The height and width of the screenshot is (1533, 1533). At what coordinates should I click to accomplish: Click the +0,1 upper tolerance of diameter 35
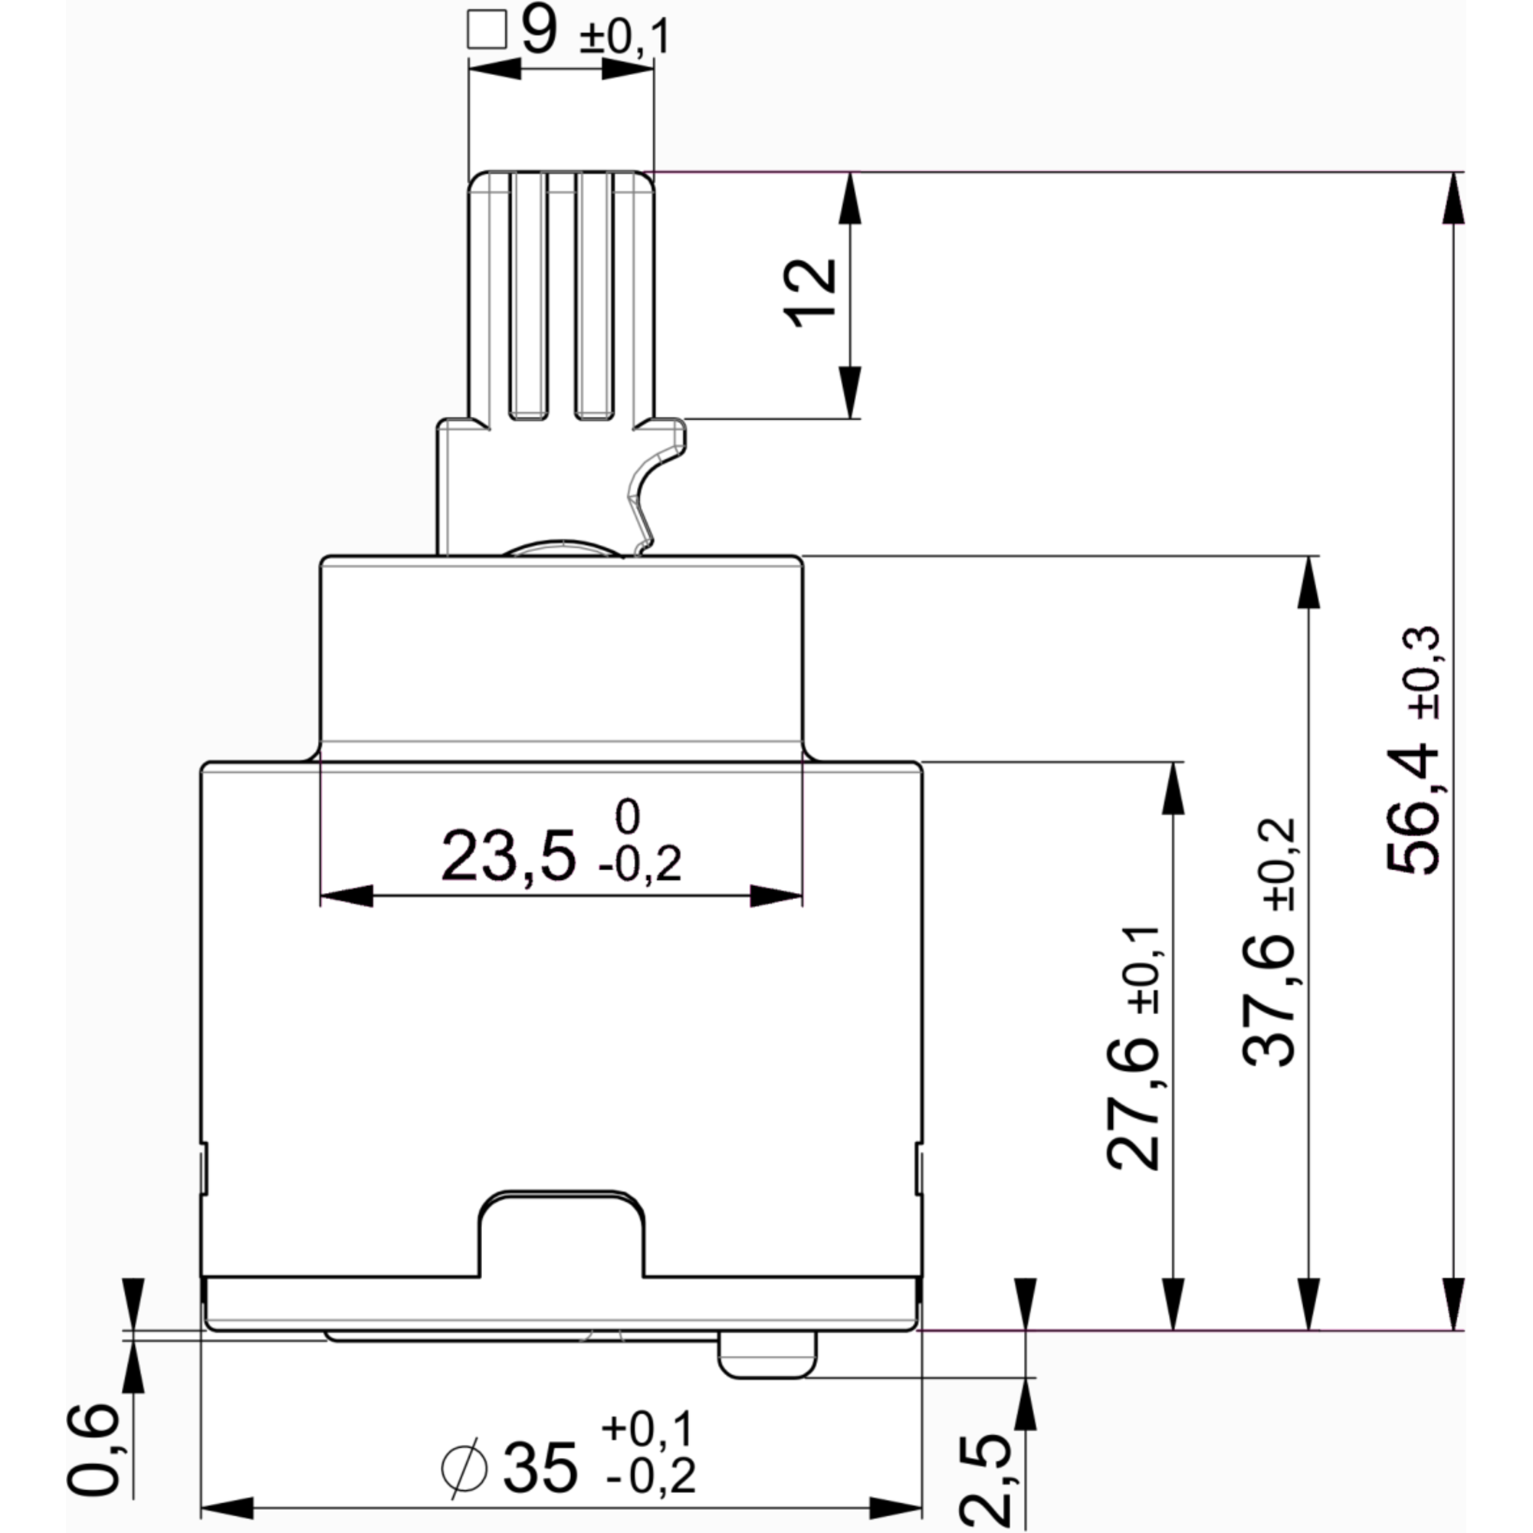coord(648,1427)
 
